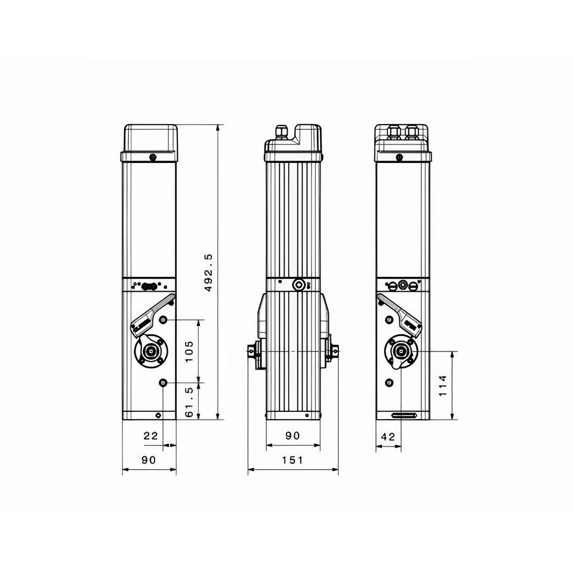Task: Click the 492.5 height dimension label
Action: pyautogui.click(x=208, y=273)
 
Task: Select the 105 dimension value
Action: pyautogui.click(x=189, y=351)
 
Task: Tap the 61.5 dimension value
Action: pyautogui.click(x=189, y=402)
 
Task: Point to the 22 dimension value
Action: pyautogui.click(x=150, y=436)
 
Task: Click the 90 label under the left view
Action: pyautogui.click(x=149, y=460)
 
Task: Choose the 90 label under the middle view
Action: pyautogui.click(x=292, y=436)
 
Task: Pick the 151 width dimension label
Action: pyautogui.click(x=292, y=460)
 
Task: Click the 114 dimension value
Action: pyautogui.click(x=442, y=385)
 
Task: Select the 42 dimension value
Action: pyautogui.click(x=388, y=437)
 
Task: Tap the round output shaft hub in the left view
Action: pyautogui.click(x=150, y=351)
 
